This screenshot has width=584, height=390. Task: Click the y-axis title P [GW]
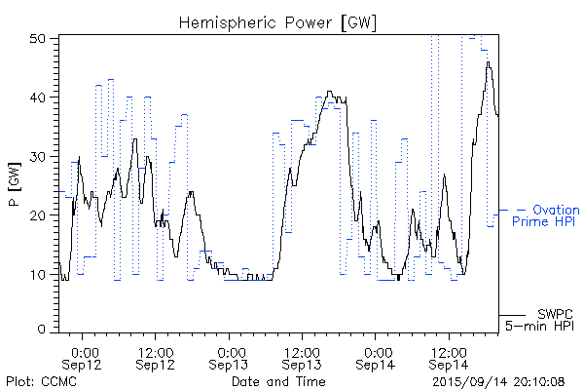click(15, 183)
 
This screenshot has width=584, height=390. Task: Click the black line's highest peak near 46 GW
click(489, 62)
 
